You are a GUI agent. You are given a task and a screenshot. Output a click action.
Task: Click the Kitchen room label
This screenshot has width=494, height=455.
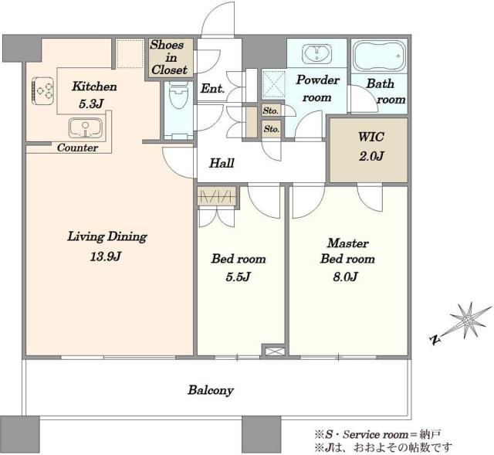(x=94, y=86)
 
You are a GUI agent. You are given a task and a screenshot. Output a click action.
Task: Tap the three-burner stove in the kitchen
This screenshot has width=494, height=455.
(x=43, y=90)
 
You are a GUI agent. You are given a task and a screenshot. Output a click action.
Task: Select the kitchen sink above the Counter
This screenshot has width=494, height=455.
(x=86, y=127)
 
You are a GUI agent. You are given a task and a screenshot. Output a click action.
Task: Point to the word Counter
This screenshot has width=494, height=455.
(x=77, y=148)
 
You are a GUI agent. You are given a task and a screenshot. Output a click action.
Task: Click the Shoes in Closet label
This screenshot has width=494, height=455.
(x=169, y=57)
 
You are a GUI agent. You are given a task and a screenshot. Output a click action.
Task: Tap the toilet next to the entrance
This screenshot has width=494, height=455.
(x=178, y=95)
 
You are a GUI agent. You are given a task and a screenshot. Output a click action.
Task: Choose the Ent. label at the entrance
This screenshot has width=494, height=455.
(x=212, y=88)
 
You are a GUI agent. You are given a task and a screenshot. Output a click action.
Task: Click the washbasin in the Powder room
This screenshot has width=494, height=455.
(x=317, y=53)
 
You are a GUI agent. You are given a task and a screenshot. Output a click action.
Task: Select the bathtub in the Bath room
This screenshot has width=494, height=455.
(x=379, y=56)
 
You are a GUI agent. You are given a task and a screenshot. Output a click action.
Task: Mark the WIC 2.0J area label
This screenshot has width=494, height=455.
(x=371, y=146)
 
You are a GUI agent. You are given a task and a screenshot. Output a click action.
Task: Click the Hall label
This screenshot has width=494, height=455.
(x=222, y=163)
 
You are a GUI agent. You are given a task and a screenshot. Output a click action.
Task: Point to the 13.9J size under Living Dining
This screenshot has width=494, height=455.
(x=106, y=256)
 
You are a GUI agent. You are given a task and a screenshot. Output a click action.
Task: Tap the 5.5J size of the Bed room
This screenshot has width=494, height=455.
(x=239, y=277)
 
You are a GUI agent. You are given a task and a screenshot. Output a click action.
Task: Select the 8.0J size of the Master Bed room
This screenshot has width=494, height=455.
(x=345, y=277)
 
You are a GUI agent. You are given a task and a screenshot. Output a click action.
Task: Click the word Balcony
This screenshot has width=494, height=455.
(x=211, y=390)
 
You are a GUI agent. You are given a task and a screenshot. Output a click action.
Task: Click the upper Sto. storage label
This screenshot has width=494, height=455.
(x=270, y=110)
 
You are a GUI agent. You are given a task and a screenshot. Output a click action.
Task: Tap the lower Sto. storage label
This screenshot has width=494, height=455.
(x=271, y=129)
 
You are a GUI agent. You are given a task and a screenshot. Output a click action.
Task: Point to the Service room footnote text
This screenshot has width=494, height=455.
(x=377, y=434)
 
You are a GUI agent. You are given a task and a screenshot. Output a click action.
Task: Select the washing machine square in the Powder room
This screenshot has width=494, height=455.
(x=274, y=84)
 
